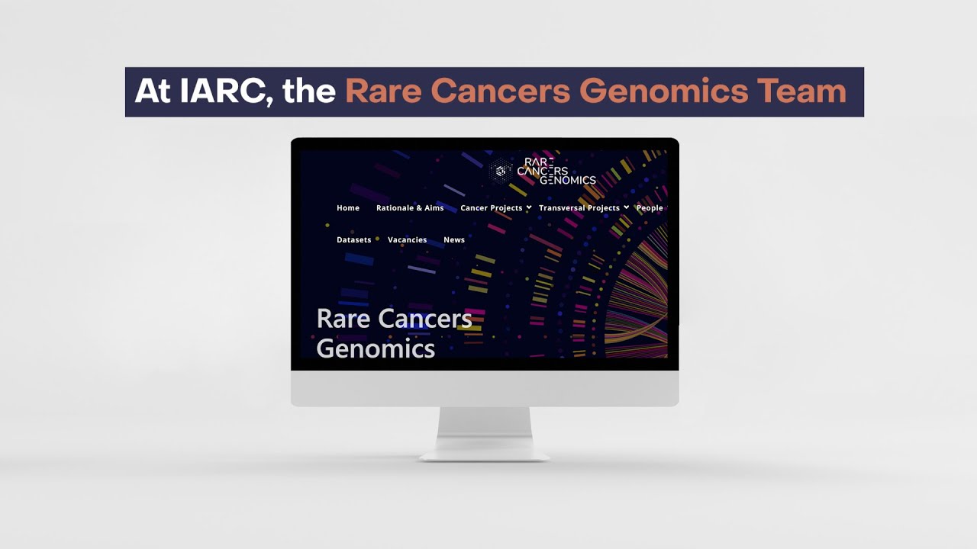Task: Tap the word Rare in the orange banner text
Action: click(381, 91)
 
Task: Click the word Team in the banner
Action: click(801, 91)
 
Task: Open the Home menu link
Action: click(348, 208)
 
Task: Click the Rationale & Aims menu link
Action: click(410, 208)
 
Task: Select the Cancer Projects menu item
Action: click(491, 208)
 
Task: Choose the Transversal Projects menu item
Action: click(579, 208)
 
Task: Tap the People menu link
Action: click(650, 208)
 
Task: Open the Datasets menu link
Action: click(354, 240)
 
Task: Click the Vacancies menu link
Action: click(407, 240)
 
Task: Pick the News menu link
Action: click(454, 240)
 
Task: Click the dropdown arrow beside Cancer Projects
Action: click(529, 207)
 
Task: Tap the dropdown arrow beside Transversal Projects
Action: click(626, 207)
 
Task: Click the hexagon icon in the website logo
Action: click(501, 171)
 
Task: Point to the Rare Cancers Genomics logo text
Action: click(556, 172)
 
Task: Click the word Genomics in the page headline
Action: click(376, 348)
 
